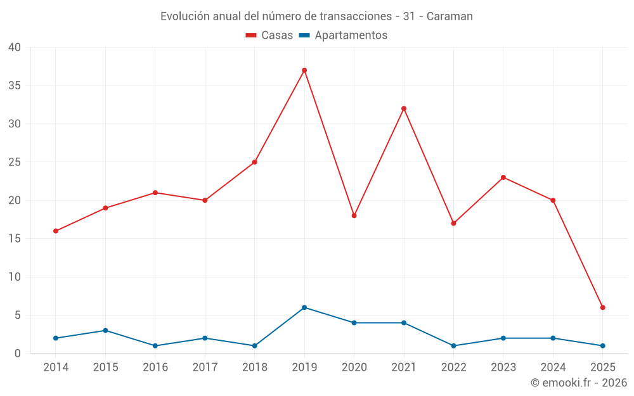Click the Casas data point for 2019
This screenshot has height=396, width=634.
click(x=304, y=70)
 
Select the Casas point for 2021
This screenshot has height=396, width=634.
click(x=404, y=108)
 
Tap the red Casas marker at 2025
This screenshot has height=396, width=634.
click(x=603, y=307)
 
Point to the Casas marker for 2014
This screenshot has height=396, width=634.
click(x=56, y=231)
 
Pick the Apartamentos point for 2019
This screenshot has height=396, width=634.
click(x=304, y=307)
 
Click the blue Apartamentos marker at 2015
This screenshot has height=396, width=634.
click(x=105, y=331)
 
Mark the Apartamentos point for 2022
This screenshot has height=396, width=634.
click(x=453, y=346)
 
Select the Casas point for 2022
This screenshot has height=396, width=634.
click(x=453, y=223)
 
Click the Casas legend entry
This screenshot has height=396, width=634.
click(x=269, y=35)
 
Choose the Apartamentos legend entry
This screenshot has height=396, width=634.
click(x=343, y=35)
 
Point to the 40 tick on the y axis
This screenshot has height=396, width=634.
click(x=15, y=48)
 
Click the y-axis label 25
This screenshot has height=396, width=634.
click(x=15, y=162)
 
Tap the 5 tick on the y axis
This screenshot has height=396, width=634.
click(x=18, y=316)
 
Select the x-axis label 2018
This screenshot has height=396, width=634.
click(x=254, y=367)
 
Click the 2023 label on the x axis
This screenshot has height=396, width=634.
click(x=503, y=367)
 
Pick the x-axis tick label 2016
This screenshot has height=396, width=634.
click(x=155, y=367)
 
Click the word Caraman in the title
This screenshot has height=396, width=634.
click(x=450, y=16)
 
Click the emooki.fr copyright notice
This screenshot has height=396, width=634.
click(x=579, y=383)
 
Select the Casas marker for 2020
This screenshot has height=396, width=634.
click(x=354, y=215)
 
